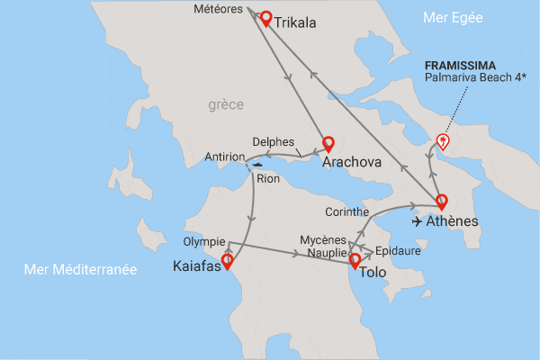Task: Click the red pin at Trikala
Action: coord(265,18)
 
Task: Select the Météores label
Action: coord(220,11)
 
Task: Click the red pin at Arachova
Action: coord(328,144)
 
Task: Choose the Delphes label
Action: coord(273,142)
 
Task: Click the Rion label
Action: coord(268,178)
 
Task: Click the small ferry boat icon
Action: coord(259,165)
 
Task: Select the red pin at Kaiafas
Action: coord(227,262)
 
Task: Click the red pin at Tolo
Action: coord(355,262)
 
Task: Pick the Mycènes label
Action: coord(322,240)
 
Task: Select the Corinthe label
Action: coord(347,211)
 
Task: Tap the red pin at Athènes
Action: coord(441,202)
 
